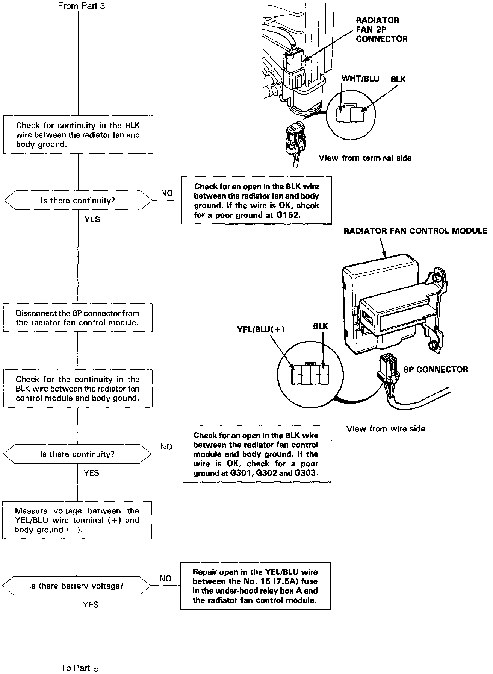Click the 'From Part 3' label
(x=81, y=6)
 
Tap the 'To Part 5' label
(x=80, y=668)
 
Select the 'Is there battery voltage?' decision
(x=76, y=586)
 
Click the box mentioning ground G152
(x=257, y=200)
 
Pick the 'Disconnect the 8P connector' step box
(x=78, y=318)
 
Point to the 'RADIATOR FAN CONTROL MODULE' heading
(x=415, y=231)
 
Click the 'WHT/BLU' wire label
(x=360, y=79)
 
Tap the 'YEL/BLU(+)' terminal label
(x=261, y=329)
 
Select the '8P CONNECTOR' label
(x=436, y=369)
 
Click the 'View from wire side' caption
(x=386, y=429)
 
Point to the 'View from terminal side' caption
(x=365, y=158)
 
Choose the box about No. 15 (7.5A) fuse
(x=256, y=586)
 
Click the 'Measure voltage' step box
(x=77, y=520)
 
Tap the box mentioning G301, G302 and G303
(x=256, y=454)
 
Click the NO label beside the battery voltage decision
(x=165, y=578)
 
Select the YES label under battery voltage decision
(x=91, y=604)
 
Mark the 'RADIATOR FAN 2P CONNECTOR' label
(x=381, y=29)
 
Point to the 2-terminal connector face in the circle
(x=350, y=113)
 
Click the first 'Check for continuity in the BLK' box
(x=78, y=135)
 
